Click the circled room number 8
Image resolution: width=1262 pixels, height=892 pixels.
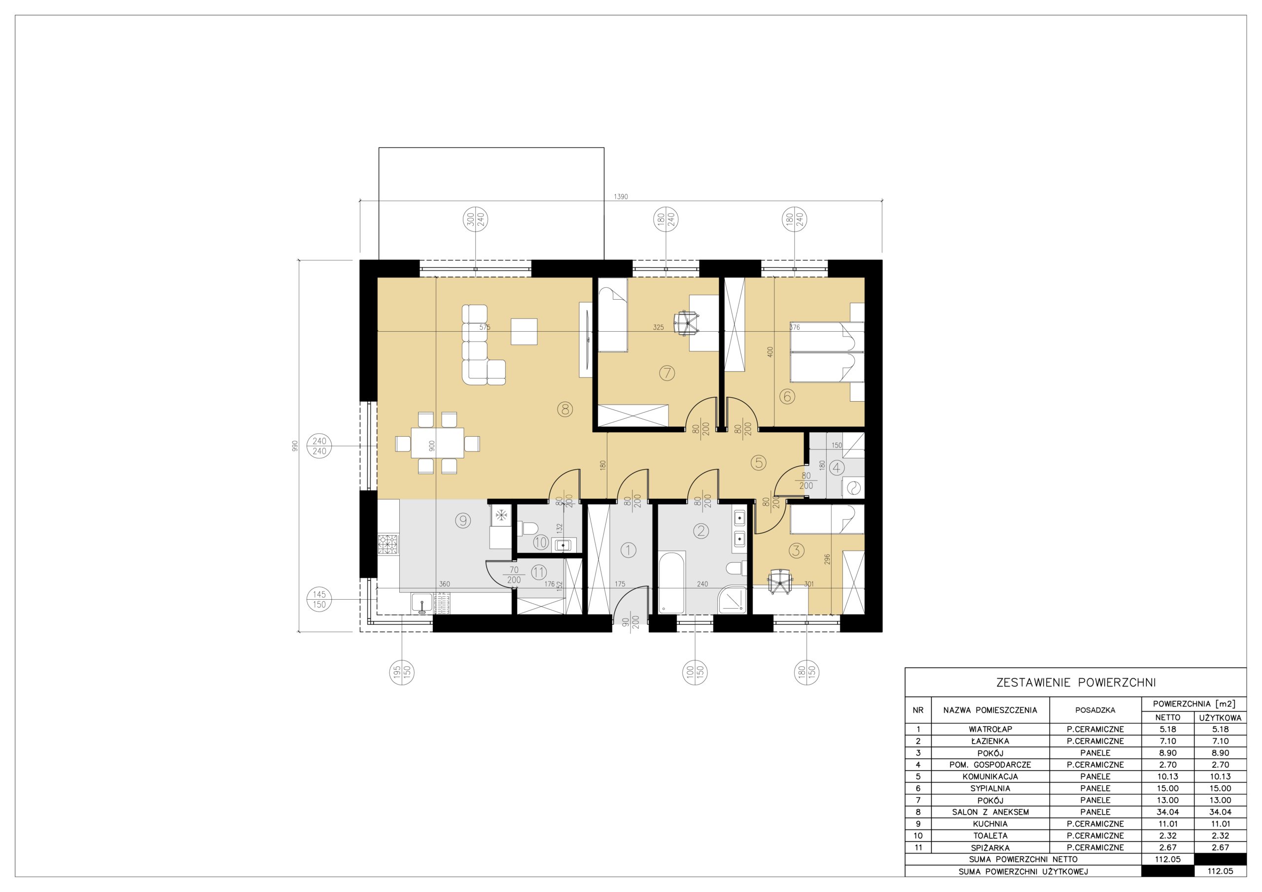click(565, 409)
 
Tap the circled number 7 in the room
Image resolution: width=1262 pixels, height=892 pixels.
click(666, 373)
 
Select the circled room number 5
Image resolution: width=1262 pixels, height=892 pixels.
click(759, 462)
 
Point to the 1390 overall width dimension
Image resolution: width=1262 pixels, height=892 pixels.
click(621, 196)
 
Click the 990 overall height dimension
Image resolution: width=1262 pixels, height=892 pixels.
click(295, 446)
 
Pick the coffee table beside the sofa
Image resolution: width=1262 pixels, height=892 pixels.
click(524, 331)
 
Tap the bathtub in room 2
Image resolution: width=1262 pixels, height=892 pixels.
click(671, 582)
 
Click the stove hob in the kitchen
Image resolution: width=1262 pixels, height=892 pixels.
click(387, 544)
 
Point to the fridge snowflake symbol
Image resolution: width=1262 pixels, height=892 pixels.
click(501, 515)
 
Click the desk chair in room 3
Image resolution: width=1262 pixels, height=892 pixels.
click(779, 582)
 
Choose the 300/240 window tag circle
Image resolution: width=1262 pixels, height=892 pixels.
click(475, 220)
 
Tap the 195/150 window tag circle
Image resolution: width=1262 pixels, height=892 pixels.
click(402, 672)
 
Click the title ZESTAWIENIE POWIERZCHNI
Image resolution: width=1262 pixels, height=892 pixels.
click(1076, 683)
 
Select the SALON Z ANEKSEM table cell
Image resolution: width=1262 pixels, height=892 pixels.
click(990, 812)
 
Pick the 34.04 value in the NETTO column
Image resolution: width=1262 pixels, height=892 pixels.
click(1167, 812)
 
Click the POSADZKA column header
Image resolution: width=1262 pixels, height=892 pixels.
click(1095, 710)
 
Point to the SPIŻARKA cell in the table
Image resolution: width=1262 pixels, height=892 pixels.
click(990, 848)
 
